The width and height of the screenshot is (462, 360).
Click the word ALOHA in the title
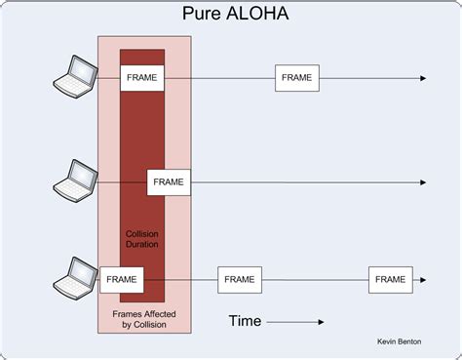tap(257, 14)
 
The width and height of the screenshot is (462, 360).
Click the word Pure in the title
tap(202, 14)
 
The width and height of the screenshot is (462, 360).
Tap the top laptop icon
tap(75, 77)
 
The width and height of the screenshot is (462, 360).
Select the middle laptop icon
tap(75, 181)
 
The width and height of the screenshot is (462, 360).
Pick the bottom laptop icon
tap(75, 279)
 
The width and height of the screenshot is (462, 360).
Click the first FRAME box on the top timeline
tap(142, 78)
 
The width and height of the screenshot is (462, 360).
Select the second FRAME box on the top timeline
tap(297, 78)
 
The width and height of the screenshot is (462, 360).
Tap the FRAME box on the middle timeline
tap(169, 182)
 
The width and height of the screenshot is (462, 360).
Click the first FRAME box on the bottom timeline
tap(122, 280)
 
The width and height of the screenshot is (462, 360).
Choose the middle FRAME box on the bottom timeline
tap(240, 280)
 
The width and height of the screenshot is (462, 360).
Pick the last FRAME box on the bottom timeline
tap(391, 280)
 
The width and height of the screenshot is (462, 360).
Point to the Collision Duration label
tap(142, 239)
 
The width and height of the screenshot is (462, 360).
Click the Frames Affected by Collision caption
tap(144, 319)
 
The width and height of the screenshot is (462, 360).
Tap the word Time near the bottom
tap(245, 321)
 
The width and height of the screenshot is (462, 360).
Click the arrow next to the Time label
tap(295, 322)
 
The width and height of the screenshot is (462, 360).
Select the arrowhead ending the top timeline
tap(423, 78)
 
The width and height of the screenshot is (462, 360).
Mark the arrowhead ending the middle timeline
tap(423, 182)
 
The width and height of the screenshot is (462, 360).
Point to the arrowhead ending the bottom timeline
tap(423, 280)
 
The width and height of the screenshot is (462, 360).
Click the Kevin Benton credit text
tap(399, 341)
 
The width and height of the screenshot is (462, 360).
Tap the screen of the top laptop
tap(84, 70)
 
